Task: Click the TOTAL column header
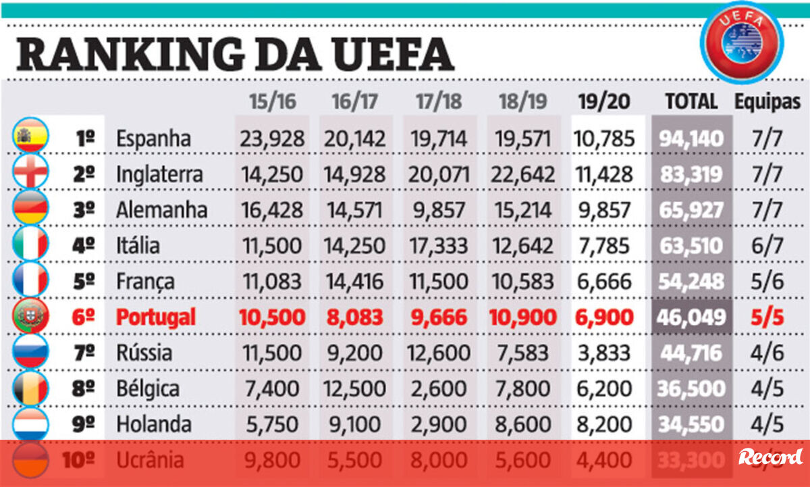[x=691, y=102]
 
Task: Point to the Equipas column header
[x=767, y=102]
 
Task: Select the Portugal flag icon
[x=31, y=316]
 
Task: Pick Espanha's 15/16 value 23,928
[x=272, y=138]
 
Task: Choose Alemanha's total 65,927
[x=691, y=210]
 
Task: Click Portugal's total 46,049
[x=691, y=317]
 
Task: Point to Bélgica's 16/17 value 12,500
[x=356, y=388]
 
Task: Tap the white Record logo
[x=770, y=457]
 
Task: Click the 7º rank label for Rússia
[x=85, y=353]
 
